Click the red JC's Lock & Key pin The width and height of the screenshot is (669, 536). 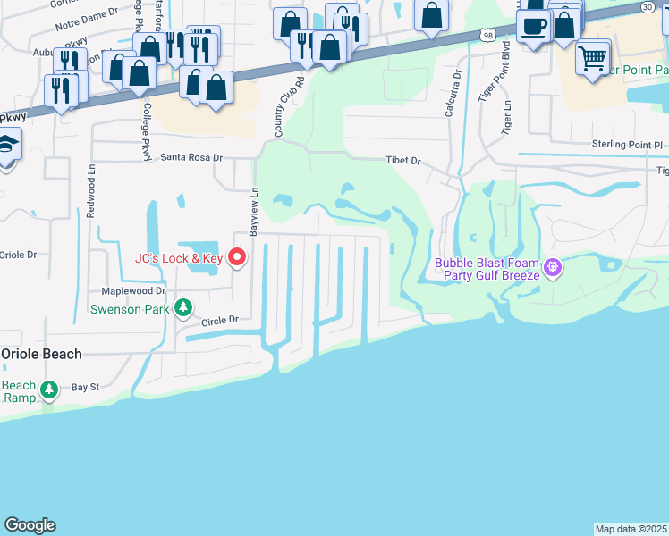(x=237, y=258)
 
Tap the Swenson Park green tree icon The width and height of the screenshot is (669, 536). (x=183, y=308)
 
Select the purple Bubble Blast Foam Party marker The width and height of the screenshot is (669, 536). (x=554, y=267)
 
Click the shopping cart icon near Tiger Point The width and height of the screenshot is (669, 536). (x=592, y=58)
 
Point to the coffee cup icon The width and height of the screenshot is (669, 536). (x=534, y=26)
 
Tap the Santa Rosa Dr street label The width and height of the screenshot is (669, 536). (x=191, y=157)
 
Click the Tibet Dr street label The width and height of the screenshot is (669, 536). (x=402, y=161)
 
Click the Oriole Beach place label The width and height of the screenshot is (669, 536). (x=41, y=354)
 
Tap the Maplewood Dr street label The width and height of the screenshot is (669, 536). (x=134, y=290)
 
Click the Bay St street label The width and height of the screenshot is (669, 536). (x=85, y=387)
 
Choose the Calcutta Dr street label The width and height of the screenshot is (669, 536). (x=451, y=94)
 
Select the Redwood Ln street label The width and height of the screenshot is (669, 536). (x=91, y=194)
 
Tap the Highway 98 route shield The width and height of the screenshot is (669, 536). (x=486, y=35)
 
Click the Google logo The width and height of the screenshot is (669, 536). (x=30, y=525)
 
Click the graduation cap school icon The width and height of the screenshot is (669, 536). (x=8, y=144)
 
